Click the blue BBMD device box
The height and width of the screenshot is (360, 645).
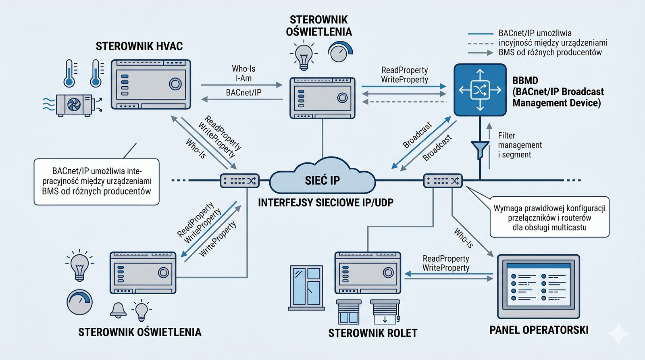pos(480,90)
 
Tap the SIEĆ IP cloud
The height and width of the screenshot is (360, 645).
pos(322,179)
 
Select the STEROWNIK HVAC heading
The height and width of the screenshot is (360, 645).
pos(139,46)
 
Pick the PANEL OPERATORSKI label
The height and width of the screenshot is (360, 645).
pos(539,330)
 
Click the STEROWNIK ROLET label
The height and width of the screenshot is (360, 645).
pos(372,333)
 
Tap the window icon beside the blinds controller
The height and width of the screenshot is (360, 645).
pos(307,287)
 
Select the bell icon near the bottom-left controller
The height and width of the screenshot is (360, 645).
pos(118,310)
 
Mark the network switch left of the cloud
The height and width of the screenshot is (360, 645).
pos(239,181)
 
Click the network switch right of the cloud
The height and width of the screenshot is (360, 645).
pos(443,181)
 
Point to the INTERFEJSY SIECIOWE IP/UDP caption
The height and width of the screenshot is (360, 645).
pos(326,203)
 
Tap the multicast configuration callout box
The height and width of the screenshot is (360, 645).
pos(549,218)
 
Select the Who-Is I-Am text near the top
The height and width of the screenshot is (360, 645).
pos(243,73)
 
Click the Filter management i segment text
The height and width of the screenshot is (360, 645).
pos(520,145)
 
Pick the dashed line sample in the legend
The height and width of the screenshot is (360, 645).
pos(481,43)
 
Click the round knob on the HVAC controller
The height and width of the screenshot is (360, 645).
pos(175,84)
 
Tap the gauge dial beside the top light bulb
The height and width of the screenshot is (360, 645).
pos(340,52)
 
